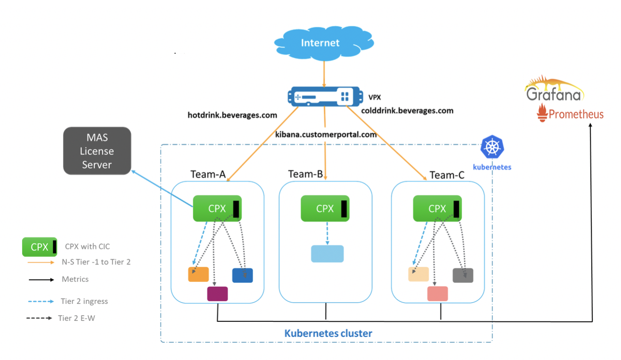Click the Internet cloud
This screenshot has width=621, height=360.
pyautogui.click(x=320, y=43)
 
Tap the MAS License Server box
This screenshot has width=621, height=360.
pyautogui.click(x=97, y=151)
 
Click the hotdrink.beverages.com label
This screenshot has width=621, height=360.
pyautogui.click(x=232, y=115)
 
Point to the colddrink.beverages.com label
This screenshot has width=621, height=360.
pyautogui.click(x=407, y=111)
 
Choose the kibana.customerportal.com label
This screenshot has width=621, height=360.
pyautogui.click(x=326, y=134)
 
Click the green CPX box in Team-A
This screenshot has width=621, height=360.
pyautogui.click(x=217, y=208)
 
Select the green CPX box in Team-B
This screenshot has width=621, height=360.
pyautogui.click(x=325, y=208)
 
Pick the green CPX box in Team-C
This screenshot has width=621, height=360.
pyautogui.click(x=437, y=208)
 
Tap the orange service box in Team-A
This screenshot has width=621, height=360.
pyautogui.click(x=198, y=274)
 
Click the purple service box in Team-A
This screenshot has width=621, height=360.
pyautogui.click(x=218, y=294)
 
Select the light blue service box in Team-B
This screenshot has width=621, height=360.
pyautogui.click(x=327, y=254)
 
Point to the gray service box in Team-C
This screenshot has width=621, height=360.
pyautogui.click(x=463, y=275)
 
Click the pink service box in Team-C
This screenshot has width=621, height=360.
pyautogui.click(x=438, y=294)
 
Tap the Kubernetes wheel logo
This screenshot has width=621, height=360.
pyautogui.click(x=492, y=147)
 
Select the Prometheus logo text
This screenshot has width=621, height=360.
pyautogui.click(x=576, y=114)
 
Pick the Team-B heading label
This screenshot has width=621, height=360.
pyautogui.click(x=305, y=174)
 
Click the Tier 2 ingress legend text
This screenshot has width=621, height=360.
pyautogui.click(x=84, y=301)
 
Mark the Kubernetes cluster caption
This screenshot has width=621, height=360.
pyautogui.click(x=328, y=333)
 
